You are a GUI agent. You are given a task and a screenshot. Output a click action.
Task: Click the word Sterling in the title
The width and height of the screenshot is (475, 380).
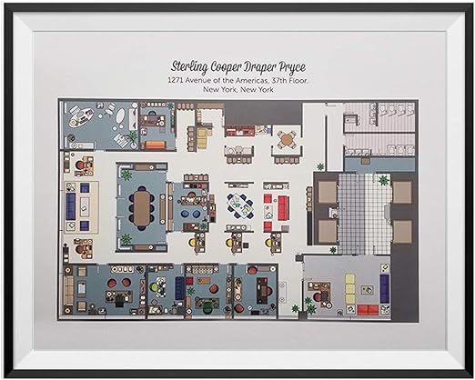click(x=190, y=67)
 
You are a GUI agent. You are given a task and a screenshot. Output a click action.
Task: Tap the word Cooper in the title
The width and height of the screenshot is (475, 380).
click(x=228, y=68)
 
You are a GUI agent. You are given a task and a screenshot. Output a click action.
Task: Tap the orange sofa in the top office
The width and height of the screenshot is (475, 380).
click(x=156, y=145)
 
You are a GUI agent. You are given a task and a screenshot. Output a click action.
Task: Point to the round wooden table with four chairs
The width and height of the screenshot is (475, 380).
click(x=287, y=139)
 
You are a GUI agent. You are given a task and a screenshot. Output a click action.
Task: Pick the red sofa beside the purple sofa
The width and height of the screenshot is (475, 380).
click(x=368, y=309)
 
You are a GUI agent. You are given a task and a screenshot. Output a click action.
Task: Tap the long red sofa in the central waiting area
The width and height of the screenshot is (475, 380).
click(x=282, y=208)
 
